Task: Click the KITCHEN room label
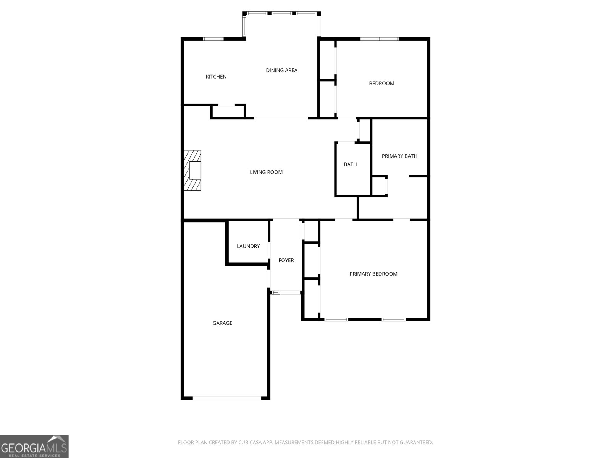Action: click(x=216, y=77)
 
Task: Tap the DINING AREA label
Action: click(x=281, y=70)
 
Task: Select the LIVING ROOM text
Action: click(x=266, y=172)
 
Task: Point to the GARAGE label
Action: click(x=222, y=323)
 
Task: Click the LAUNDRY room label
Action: click(x=248, y=246)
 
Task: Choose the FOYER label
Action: click(x=286, y=260)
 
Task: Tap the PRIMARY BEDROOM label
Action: click(x=373, y=274)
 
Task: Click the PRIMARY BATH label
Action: click(x=399, y=156)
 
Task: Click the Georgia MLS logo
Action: click(x=34, y=446)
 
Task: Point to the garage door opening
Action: click(x=227, y=398)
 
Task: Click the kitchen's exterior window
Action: click(x=213, y=39)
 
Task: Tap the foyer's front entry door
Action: click(x=286, y=293)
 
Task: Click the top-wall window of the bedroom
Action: click(x=380, y=39)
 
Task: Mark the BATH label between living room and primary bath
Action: click(x=350, y=164)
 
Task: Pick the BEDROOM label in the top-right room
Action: click(x=381, y=84)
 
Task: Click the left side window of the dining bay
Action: click(x=244, y=25)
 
